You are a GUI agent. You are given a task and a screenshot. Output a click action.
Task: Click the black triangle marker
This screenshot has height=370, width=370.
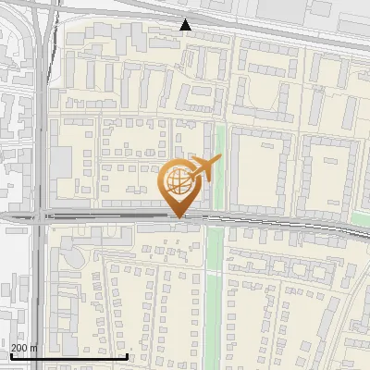tap(186, 25)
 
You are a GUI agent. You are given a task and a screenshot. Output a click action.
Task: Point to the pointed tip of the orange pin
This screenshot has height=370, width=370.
tap(178, 217)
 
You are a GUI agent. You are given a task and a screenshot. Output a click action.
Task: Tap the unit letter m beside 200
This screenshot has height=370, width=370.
tap(35, 348)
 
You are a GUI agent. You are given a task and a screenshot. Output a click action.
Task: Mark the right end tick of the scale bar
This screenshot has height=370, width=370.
tap(127, 356)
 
